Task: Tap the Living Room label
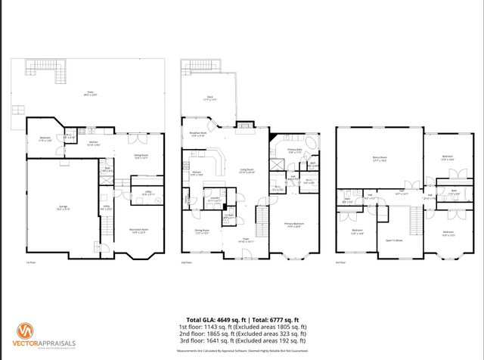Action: coord(247,171)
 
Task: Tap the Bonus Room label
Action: coord(380,159)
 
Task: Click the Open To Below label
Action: coord(393,241)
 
